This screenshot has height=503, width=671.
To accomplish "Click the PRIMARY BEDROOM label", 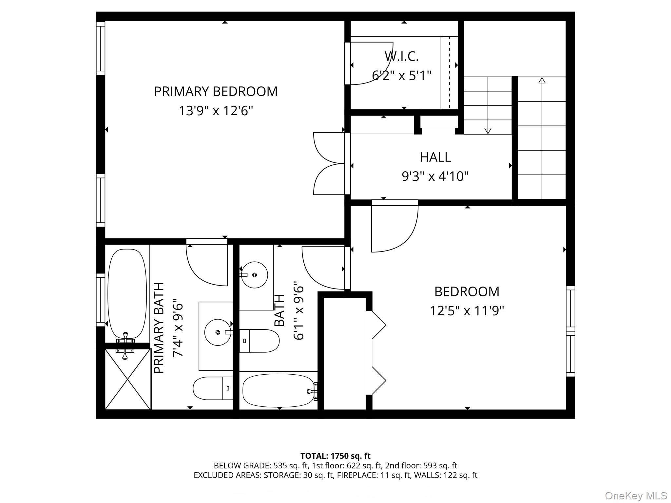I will pyautogui.click(x=216, y=91).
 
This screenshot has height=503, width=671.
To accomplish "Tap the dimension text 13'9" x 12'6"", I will pyautogui.click(x=216, y=111).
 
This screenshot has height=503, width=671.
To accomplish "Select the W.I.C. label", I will pyautogui.click(x=401, y=56).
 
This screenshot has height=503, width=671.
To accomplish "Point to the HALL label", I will pyautogui.click(x=435, y=157).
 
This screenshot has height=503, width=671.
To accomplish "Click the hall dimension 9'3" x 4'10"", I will pyautogui.click(x=435, y=177).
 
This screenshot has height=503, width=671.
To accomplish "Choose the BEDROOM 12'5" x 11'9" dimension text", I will pyautogui.click(x=467, y=310).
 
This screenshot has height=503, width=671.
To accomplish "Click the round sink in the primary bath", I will pyautogui.click(x=218, y=332).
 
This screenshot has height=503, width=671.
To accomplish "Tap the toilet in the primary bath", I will pyautogui.click(x=212, y=388).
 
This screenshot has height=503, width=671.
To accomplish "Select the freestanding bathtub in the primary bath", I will pyautogui.click(x=127, y=293).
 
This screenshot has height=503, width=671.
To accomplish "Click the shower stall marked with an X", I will pyautogui.click(x=127, y=379).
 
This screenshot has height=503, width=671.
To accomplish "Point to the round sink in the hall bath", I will pyautogui.click(x=255, y=275).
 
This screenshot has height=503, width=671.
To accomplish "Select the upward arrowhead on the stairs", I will pyautogui.click(x=542, y=80).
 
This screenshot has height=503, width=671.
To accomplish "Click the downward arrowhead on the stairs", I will pyautogui.click(x=488, y=130).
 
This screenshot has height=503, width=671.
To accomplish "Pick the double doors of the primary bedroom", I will pyautogui.click(x=329, y=163).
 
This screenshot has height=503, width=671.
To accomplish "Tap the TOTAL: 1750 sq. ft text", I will pyautogui.click(x=335, y=456).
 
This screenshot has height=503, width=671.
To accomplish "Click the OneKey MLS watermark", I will pyautogui.click(x=636, y=495).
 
